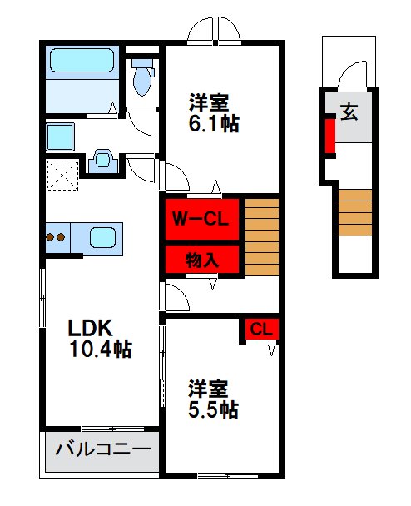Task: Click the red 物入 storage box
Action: coord(202,259)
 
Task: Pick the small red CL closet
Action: coord(260,330)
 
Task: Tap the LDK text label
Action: coord(88,327)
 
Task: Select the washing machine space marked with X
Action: coord(61,174)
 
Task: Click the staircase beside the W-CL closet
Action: coord(261,237)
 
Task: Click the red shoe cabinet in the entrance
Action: coord(329,136)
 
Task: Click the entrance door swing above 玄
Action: coord(353,75)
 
